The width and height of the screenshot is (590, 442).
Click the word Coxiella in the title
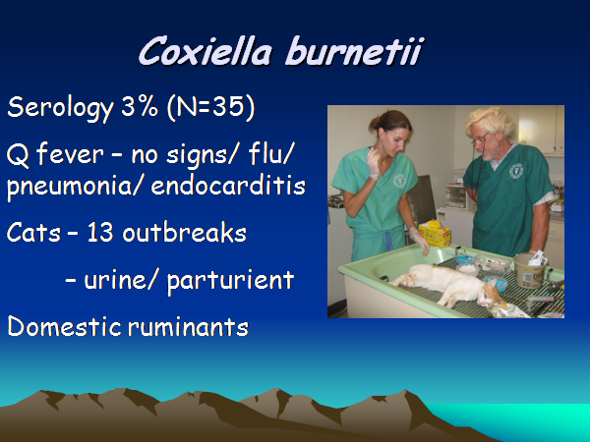pos(206,51)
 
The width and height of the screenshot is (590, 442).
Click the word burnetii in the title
pos(354,51)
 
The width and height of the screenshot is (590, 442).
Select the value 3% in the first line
pos(140,107)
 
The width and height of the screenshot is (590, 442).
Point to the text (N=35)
pos(211,107)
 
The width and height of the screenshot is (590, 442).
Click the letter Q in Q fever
pos(18,155)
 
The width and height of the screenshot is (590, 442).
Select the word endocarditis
pos(228,185)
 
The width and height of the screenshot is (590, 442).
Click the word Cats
pos(33,233)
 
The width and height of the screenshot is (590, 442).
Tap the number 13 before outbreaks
pos(100,233)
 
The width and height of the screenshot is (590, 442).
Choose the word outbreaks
pos(185,231)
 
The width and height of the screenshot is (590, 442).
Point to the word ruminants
pos(188,327)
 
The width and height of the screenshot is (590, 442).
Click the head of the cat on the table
pos(491,295)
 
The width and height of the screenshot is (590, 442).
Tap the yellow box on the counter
pos(435,233)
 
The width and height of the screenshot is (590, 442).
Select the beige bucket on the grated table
pos(530,270)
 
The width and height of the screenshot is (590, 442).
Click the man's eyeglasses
pos(481,138)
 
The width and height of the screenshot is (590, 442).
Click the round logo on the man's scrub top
pos(516,171)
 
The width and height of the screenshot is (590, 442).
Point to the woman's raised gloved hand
pos(374,163)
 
